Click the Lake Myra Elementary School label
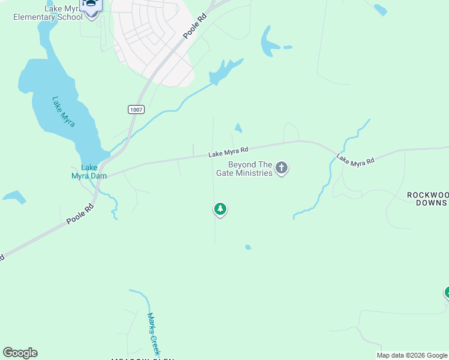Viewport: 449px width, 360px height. coord(48,13)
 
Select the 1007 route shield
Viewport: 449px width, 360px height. coord(135,109)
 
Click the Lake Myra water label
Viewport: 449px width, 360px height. coord(63,112)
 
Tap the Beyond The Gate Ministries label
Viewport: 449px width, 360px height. coord(250,169)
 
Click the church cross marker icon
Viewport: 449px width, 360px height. coord(282,169)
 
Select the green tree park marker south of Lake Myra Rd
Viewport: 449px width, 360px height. coord(220,209)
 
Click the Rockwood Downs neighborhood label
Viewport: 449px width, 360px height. coord(427,199)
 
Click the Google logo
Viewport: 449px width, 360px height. coord(20,353)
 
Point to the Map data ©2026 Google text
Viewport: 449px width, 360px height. coord(412,355)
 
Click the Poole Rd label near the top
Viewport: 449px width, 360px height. coord(191,28)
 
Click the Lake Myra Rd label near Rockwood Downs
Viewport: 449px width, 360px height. coord(355,160)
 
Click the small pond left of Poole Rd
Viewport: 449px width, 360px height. coord(14,196)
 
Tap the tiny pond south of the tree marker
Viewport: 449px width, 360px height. coord(248,247)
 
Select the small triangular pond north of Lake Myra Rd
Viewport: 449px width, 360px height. coord(238,128)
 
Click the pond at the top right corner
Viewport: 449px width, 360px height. coord(380,9)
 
